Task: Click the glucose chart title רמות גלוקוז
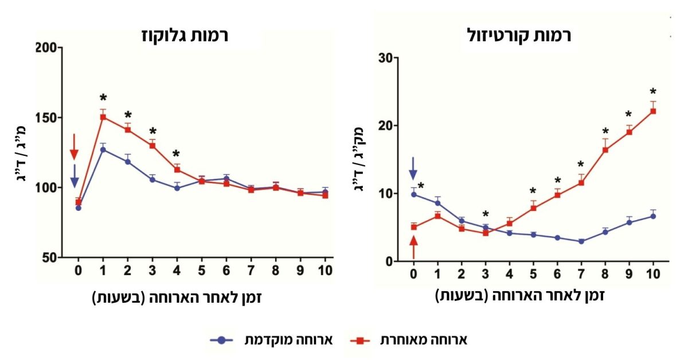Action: pyautogui.click(x=185, y=35)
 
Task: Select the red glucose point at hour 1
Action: pyautogui.click(x=103, y=117)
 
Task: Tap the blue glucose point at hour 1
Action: pyautogui.click(x=103, y=150)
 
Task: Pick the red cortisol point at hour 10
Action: pyautogui.click(x=652, y=111)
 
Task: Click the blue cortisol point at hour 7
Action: pyautogui.click(x=581, y=241)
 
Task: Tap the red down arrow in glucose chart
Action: pyautogui.click(x=74, y=147)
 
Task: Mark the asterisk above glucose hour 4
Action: pyautogui.click(x=176, y=154)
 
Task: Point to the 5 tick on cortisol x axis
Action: pyautogui.click(x=533, y=274)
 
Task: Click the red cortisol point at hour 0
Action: pyautogui.click(x=413, y=227)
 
